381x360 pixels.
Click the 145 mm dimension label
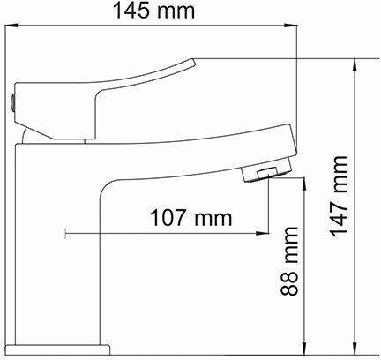153,11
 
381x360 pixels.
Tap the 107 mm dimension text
191,218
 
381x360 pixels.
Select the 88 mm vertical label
289,261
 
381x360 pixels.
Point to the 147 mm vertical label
339,196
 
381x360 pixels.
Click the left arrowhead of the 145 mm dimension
11,26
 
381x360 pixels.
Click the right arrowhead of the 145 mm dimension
291,26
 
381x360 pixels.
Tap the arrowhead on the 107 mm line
262,234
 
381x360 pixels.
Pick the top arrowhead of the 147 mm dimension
355,65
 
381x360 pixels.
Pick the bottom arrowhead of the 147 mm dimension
355,349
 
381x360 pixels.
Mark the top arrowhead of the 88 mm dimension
305,184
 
